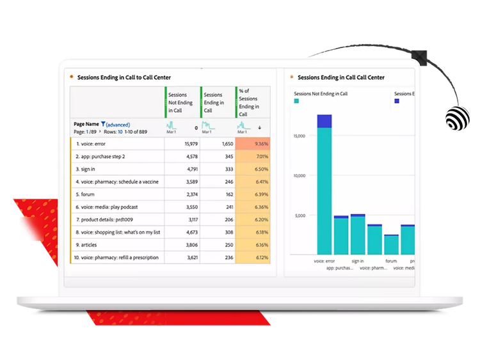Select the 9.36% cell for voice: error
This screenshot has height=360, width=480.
(252, 144)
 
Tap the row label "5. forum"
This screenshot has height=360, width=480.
(86, 194)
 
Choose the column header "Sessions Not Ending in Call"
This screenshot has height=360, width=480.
(181, 102)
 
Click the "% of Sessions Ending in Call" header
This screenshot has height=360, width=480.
(250, 102)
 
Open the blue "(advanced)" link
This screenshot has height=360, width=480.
(118, 124)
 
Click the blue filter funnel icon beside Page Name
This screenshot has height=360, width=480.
(103, 124)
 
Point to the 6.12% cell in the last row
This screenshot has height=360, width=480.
(252, 258)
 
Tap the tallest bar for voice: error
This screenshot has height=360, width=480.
(324, 185)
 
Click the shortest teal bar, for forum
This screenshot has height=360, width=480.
(391, 244)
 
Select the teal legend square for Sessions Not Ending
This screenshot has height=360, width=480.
(296, 101)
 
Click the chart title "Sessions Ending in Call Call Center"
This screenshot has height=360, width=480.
(340, 77)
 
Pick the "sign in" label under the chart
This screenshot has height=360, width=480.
(358, 261)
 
